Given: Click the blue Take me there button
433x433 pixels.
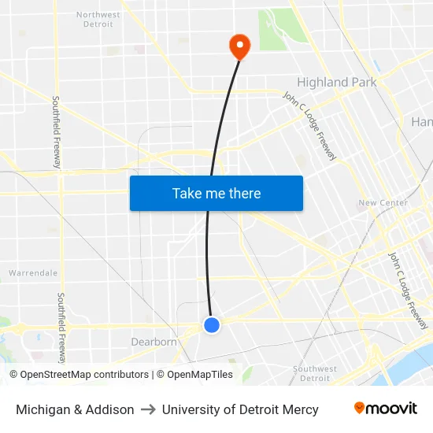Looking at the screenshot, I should (216, 194).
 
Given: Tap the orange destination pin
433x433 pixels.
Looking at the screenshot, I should (239, 46).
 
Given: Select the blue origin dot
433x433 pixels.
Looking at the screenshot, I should (211, 324).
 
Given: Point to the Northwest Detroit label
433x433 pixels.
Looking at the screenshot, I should (98, 19).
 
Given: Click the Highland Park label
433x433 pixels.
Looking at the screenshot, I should (336, 82).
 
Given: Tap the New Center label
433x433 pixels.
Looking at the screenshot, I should (383, 203).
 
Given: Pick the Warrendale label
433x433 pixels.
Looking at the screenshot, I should (33, 273).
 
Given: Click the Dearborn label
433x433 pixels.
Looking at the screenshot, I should (154, 342).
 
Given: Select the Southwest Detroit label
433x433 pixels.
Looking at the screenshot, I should (315, 373).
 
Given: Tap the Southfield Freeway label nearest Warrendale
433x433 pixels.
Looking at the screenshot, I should (61, 324).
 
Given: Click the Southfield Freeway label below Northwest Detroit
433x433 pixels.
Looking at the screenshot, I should (57, 131).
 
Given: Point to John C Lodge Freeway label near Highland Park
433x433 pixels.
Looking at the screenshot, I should (309, 126).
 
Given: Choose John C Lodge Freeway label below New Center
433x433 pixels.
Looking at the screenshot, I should (408, 291).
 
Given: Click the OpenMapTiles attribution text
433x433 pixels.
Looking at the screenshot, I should (198, 375).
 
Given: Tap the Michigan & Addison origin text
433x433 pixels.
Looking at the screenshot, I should (75, 409).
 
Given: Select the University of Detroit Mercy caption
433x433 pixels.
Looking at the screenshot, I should (240, 409).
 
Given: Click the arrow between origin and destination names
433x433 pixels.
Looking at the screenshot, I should (148, 409).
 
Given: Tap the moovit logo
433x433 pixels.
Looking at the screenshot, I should (386, 409).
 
